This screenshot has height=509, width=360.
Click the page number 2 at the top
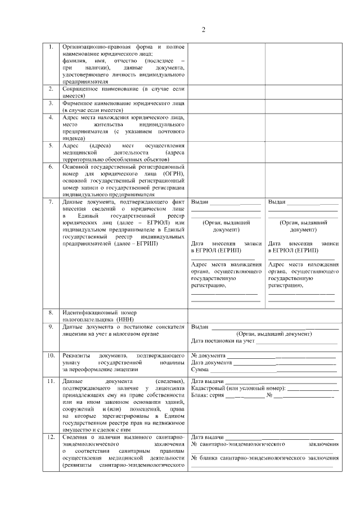coord(204,30)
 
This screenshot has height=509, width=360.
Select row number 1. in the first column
coord(51,46)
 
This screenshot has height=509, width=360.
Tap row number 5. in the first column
coord(51,146)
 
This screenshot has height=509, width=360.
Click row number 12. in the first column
coord(51,437)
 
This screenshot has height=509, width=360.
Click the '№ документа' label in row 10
coord(209,355)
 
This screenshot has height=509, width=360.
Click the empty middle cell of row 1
coord(226,63)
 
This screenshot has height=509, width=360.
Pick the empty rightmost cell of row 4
coord(304,127)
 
